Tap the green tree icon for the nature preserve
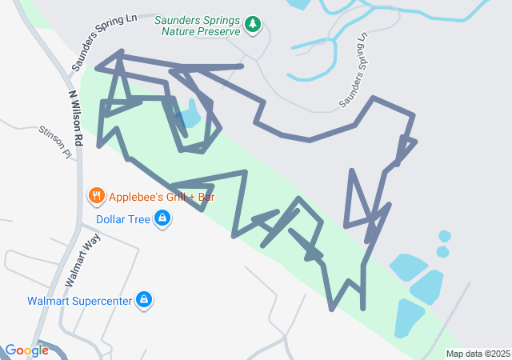(253, 25)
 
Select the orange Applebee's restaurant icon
(96, 195)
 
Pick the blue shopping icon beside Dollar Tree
(162, 218)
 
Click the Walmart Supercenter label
(78, 302)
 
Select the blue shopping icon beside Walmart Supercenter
(144, 300)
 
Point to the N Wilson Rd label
(75, 117)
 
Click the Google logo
(26, 350)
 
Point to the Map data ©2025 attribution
(478, 354)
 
